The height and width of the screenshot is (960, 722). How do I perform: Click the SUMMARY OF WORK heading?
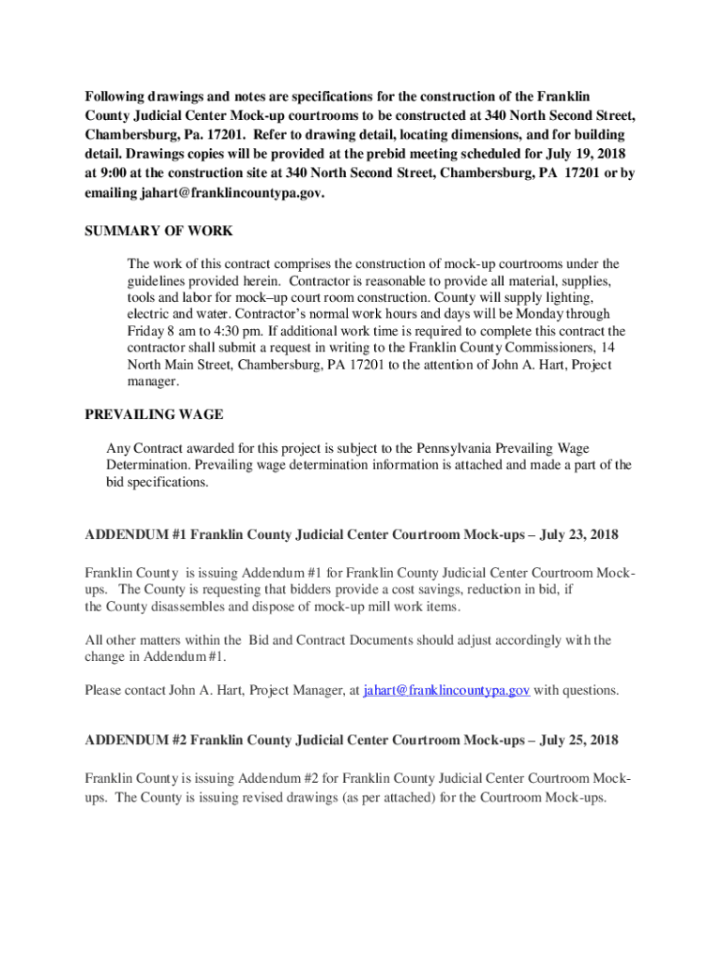pyautogui.click(x=158, y=232)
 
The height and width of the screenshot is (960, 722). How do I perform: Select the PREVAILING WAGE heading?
pyautogui.click(x=154, y=414)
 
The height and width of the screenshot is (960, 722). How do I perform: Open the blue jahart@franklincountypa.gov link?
pyautogui.click(x=446, y=691)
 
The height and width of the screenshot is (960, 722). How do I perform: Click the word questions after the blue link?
pyautogui.click(x=590, y=691)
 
